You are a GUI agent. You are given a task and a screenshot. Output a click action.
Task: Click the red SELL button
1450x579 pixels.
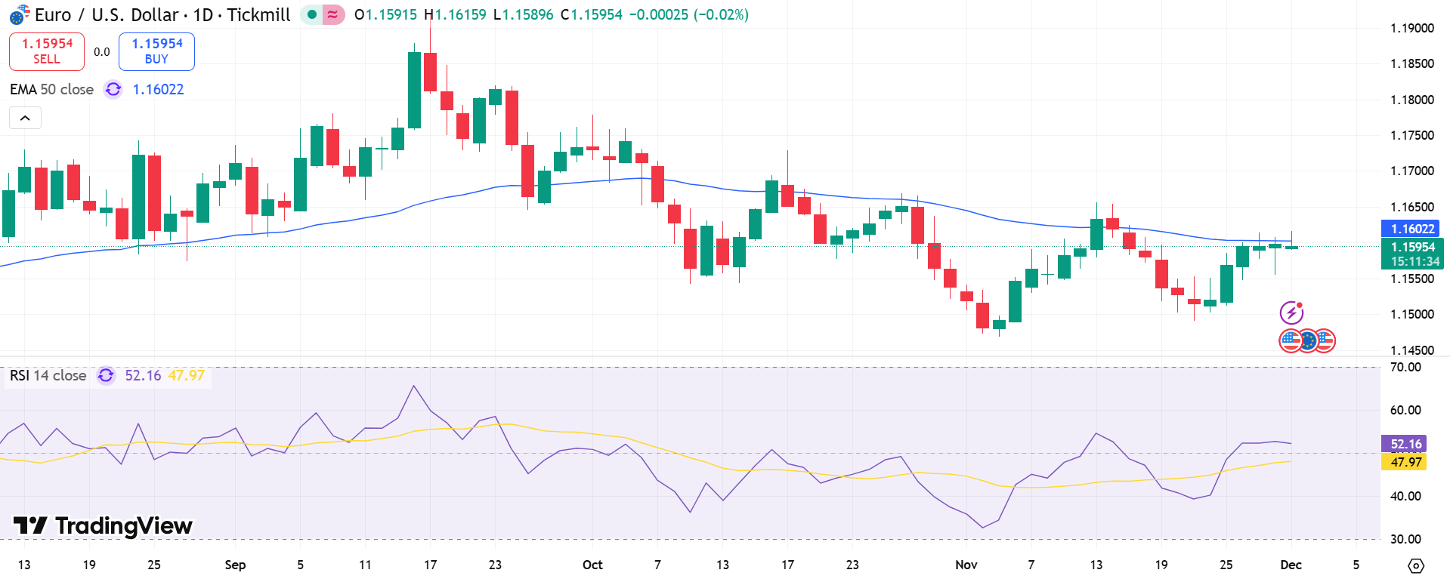point(47,51)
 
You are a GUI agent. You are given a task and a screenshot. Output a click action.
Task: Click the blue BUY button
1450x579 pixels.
point(156,51)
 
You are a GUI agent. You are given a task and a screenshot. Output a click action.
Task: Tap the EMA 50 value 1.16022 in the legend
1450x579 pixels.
point(158,89)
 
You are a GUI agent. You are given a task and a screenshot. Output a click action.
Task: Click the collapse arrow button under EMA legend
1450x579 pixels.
point(25,118)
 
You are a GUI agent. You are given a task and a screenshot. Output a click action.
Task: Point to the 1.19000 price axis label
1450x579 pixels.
point(1411,28)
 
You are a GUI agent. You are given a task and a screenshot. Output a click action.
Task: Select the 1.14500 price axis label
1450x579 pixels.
point(1411,350)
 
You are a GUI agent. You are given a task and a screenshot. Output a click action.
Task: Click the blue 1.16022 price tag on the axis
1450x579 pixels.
point(1411,228)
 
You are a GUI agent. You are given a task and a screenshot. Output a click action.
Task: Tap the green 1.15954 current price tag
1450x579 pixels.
point(1411,254)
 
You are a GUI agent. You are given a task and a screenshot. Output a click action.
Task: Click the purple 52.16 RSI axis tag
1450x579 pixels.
point(1405,444)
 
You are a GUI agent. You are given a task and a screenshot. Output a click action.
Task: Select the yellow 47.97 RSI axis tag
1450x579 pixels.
point(1405,462)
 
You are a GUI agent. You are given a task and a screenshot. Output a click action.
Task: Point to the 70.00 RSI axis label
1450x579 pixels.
point(1405,368)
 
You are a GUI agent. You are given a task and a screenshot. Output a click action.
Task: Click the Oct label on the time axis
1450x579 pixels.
point(592,565)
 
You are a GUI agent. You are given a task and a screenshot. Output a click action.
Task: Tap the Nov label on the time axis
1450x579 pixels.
point(966,565)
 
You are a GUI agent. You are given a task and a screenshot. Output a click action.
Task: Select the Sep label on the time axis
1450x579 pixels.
point(235,565)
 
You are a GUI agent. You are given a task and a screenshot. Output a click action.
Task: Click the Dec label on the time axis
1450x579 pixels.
point(1291,565)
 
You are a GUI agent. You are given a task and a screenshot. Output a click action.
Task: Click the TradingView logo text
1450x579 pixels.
point(104,525)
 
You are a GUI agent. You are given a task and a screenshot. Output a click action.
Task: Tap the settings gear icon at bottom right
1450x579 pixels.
point(1416,565)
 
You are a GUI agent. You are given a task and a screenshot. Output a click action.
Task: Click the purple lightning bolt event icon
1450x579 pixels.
point(1291,313)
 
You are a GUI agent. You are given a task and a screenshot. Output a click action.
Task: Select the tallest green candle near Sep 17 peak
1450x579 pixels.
point(415,91)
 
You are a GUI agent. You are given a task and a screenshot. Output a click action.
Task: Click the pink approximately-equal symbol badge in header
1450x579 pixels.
point(332,14)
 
